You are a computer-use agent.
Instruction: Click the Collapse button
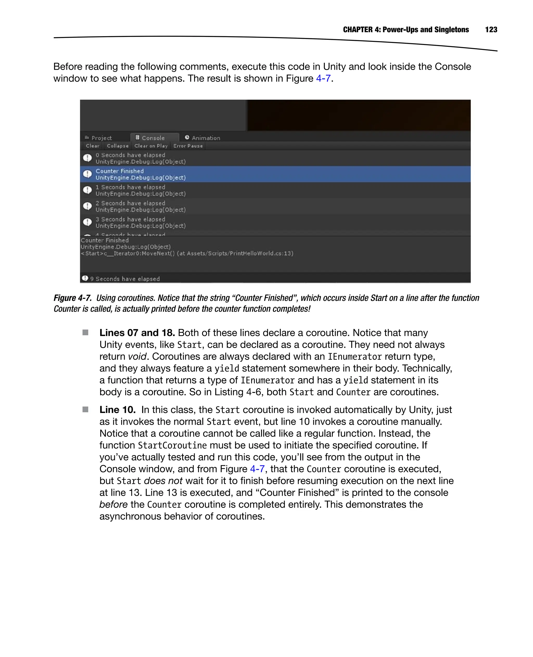tap(117, 146)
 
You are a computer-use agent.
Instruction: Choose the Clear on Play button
tap(151, 146)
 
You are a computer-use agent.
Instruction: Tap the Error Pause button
tap(188, 146)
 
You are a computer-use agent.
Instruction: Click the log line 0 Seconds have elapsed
tap(130, 155)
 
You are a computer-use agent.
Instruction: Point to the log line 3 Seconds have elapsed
tap(130, 220)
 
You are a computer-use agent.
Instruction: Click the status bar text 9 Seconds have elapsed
tap(125, 279)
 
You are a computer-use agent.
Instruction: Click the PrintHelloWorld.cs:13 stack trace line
tap(187, 254)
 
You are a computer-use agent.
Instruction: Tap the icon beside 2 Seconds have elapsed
tap(87, 206)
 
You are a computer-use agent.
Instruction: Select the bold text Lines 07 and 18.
tap(137, 333)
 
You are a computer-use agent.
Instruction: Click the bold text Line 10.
tap(117, 410)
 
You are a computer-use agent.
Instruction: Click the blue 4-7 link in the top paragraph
tap(323, 79)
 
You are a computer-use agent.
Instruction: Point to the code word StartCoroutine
tap(172, 445)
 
